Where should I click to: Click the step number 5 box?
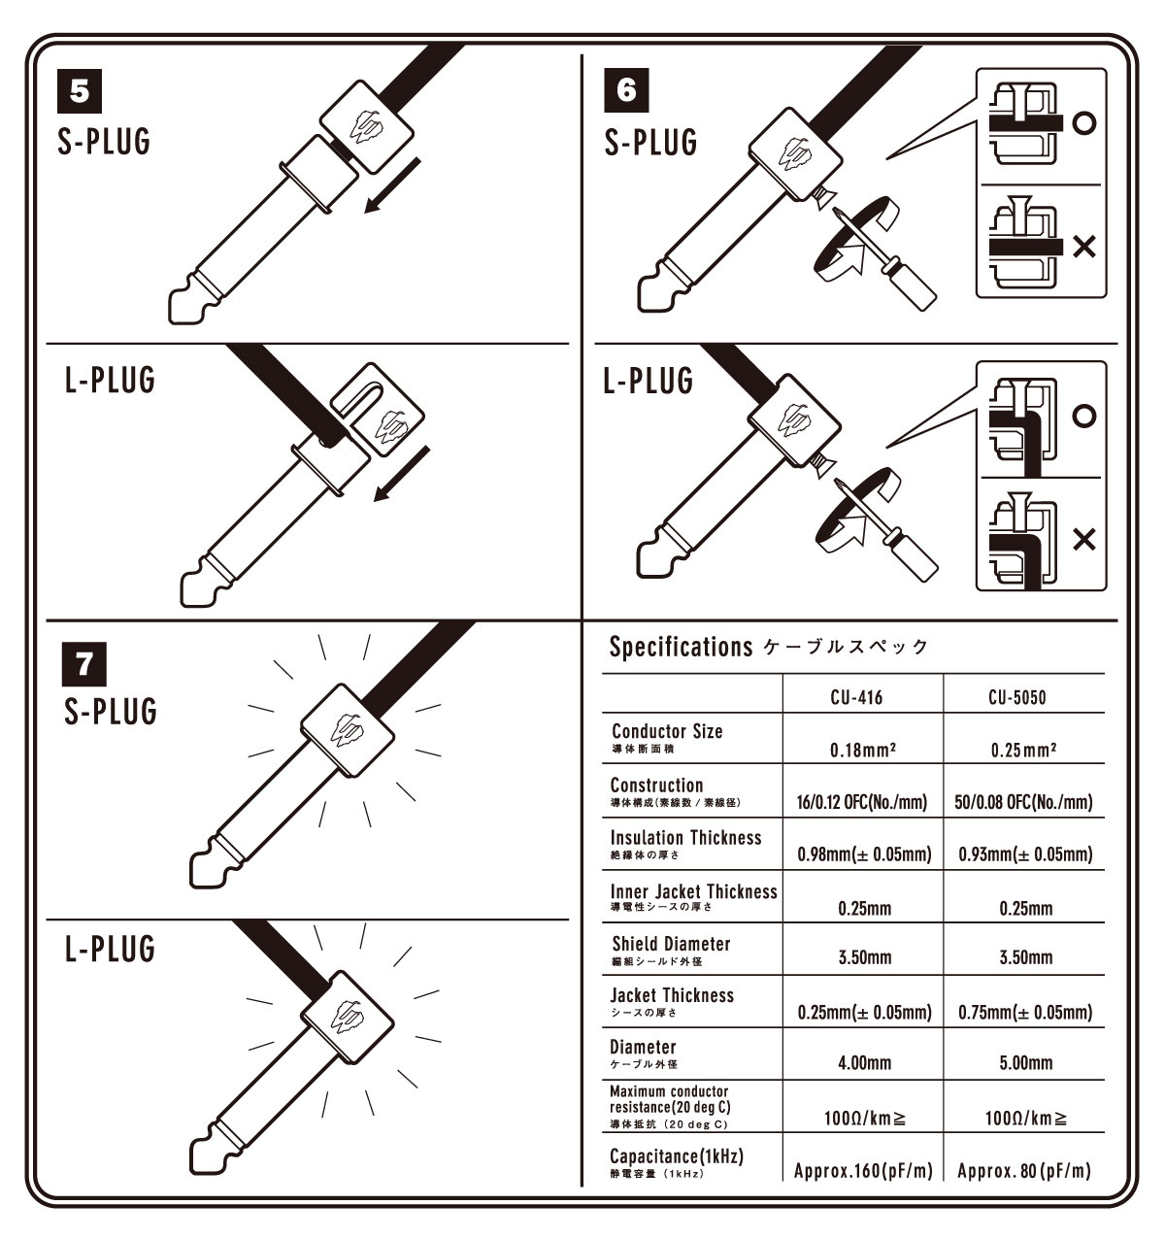(80, 91)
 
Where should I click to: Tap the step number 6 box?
(626, 90)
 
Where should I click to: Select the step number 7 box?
(84, 664)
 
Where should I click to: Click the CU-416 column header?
(856, 697)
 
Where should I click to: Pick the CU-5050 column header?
(1017, 697)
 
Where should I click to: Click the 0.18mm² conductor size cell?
(863, 750)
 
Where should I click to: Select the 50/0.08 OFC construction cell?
(1023, 802)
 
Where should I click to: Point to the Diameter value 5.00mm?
(1026, 1062)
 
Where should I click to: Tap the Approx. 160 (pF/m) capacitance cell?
(863, 1171)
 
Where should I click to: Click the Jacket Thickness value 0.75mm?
(1025, 1012)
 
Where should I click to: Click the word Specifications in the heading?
(681, 648)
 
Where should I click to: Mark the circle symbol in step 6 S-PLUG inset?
(1084, 122)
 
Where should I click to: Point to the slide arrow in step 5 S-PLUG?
(392, 185)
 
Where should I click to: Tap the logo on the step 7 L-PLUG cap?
(348, 1017)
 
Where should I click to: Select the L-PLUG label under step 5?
(110, 380)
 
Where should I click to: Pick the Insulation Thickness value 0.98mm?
(865, 854)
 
